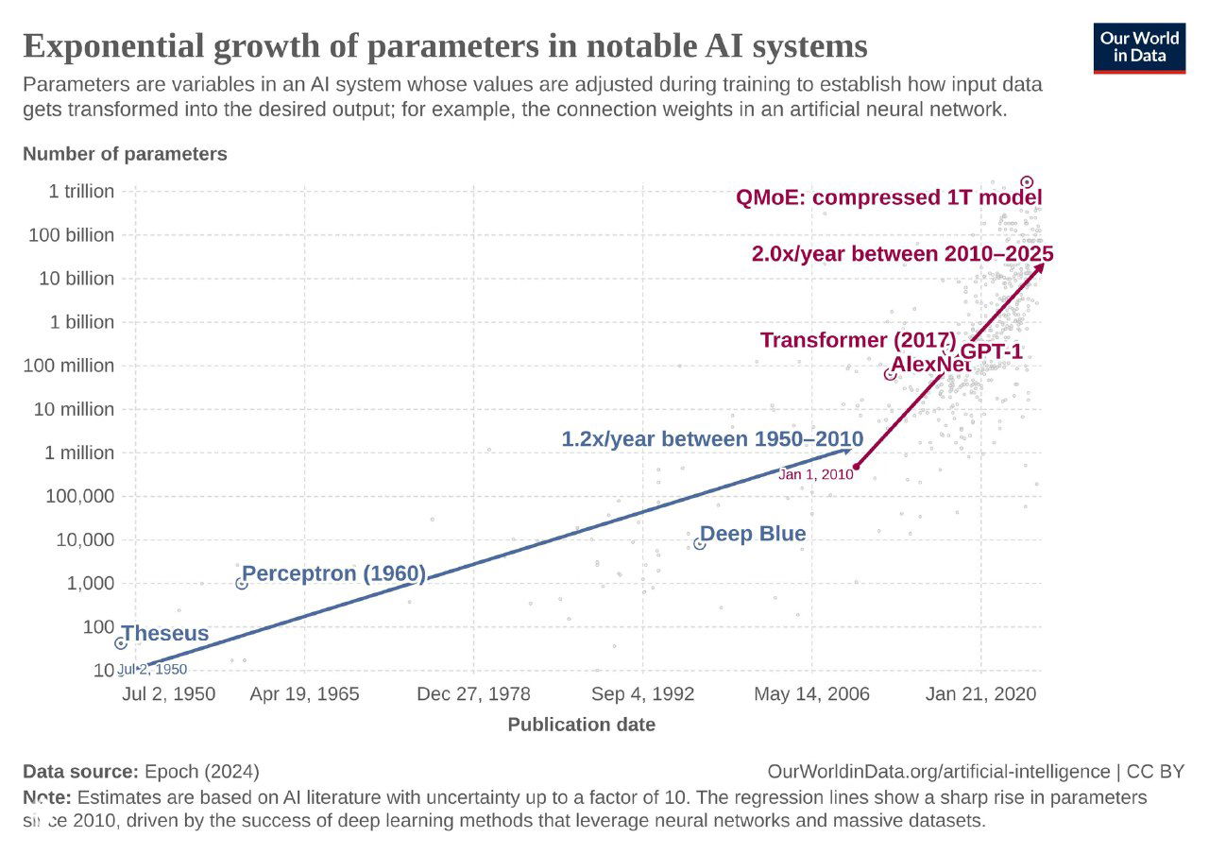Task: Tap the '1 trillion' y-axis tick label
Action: click(81, 192)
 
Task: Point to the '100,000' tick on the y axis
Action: click(79, 497)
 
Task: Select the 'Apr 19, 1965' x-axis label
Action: click(304, 694)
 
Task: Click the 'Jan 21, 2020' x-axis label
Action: click(980, 694)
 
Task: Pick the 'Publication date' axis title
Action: click(581, 725)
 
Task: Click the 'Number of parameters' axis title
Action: click(125, 154)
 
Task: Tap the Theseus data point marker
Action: click(121, 643)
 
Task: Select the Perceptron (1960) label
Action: click(334, 573)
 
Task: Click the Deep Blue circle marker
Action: click(700, 543)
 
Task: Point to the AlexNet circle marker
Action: click(890, 374)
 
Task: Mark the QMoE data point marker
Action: click(1027, 181)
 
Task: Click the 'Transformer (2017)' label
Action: click(858, 340)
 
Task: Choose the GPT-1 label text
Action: click(991, 352)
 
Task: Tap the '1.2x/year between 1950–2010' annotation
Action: click(712, 439)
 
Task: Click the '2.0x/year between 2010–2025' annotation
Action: click(902, 254)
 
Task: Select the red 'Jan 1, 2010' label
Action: click(815, 474)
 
